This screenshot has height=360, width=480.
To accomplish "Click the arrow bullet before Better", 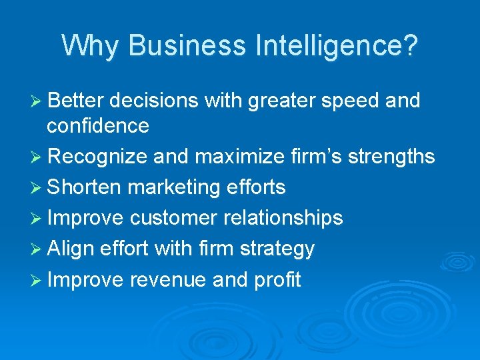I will point(38,101).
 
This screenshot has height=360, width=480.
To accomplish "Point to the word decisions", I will point(154,101).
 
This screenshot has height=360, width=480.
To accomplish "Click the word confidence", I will point(98,125).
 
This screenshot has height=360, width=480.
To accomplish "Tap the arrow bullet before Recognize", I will point(38,157).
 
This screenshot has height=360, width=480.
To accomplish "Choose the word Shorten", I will point(84,187).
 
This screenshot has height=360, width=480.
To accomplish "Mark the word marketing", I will point(172,188).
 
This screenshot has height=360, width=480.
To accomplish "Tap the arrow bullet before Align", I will point(38,249).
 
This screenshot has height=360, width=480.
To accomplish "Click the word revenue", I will point(168,279).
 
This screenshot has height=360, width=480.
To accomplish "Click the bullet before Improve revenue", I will point(38,279).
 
